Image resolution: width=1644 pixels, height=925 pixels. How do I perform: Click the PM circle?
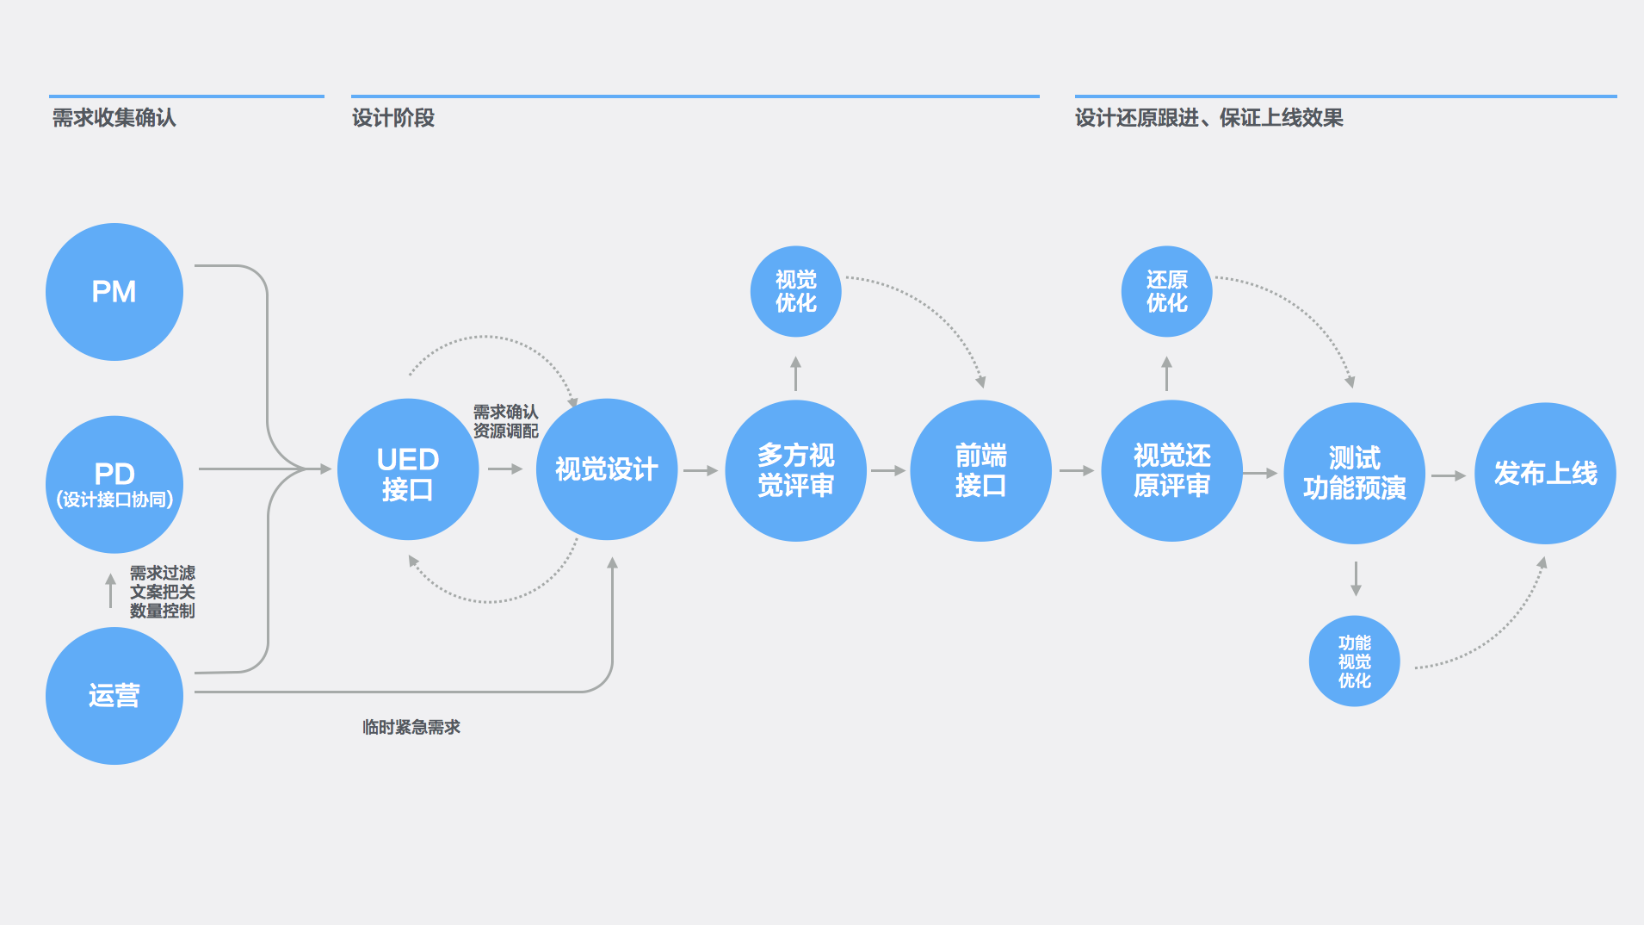[114, 292]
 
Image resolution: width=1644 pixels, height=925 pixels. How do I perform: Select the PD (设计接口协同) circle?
[114, 485]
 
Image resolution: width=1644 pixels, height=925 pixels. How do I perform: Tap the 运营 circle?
[114, 696]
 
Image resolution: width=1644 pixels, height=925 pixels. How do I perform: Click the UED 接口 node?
[408, 469]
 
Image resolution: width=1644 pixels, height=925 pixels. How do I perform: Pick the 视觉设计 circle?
[607, 469]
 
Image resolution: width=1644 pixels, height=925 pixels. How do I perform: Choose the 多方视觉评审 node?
[796, 470]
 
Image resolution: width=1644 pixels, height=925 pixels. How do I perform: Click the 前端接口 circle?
[981, 470]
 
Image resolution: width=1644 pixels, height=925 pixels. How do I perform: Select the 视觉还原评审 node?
[1172, 470]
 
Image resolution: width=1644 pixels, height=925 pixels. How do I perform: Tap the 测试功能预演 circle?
[1355, 473]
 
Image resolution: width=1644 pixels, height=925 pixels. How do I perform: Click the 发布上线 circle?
[1546, 473]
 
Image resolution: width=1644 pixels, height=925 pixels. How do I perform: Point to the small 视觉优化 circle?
[796, 292]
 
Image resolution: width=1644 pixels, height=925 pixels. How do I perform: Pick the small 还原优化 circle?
[1167, 292]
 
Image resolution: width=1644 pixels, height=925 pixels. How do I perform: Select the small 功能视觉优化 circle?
[1355, 661]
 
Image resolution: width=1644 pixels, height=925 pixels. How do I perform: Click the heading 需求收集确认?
[114, 118]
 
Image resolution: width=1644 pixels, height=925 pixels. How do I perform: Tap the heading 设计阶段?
[393, 118]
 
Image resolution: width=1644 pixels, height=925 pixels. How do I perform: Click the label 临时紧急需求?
[411, 727]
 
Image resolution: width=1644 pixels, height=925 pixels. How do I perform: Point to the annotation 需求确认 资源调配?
[506, 421]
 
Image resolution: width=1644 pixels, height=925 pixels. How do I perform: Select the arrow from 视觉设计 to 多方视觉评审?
[701, 470]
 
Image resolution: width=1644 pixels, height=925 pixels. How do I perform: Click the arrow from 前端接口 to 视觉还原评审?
[1077, 470]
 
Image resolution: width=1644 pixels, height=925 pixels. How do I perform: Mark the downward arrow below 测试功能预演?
[1356, 579]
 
